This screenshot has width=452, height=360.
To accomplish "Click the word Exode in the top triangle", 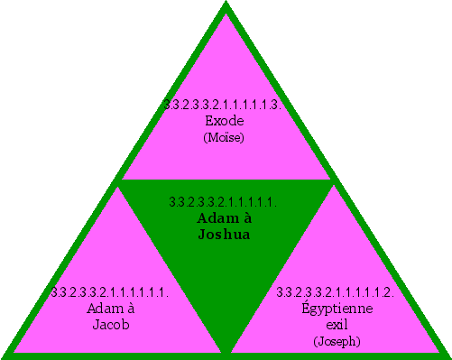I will pos(225,120).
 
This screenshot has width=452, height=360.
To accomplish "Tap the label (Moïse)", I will pos(225,137).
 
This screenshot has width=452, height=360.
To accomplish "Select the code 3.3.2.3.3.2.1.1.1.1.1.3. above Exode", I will pos(225,105).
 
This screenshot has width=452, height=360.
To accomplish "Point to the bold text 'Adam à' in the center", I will pos(225,218).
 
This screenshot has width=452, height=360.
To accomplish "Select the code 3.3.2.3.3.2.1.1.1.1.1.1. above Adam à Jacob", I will pos(110,292).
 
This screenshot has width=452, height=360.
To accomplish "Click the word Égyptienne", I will pos(337,309).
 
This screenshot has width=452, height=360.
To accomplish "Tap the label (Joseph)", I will pos(337,341).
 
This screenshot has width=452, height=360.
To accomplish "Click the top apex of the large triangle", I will pos(226,5).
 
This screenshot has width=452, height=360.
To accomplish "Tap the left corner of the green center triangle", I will pos(119,181).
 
